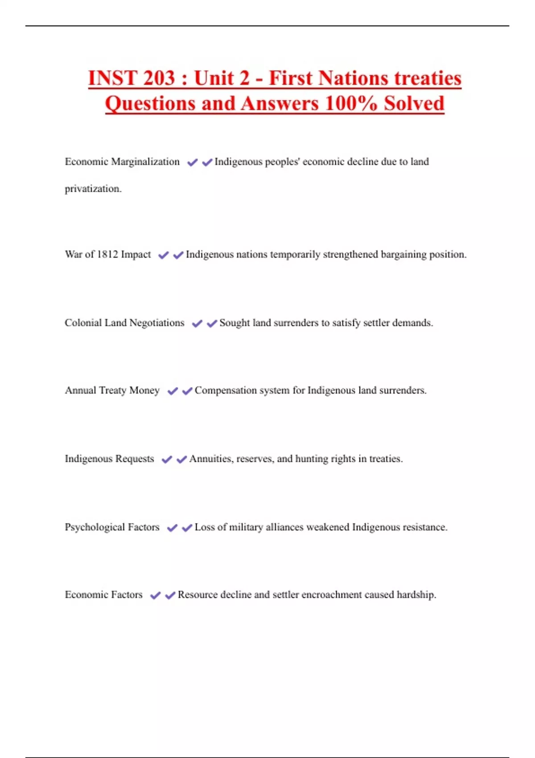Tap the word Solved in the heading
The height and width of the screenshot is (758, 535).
tap(414, 103)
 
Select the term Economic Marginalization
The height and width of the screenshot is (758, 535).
tap(122, 161)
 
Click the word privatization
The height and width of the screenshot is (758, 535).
tap(93, 189)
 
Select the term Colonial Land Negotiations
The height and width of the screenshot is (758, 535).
tap(124, 322)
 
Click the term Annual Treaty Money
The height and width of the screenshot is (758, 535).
tap(112, 390)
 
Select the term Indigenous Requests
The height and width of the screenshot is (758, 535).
tap(109, 458)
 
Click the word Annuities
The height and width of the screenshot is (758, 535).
tap(210, 458)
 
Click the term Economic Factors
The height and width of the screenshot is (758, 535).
tap(103, 594)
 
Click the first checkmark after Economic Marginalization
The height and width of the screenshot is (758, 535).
tap(192, 162)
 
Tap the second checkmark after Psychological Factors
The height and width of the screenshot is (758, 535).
tap(187, 527)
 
